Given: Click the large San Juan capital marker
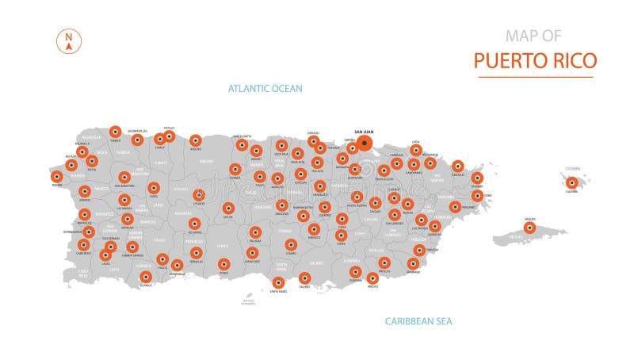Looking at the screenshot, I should click(365, 144).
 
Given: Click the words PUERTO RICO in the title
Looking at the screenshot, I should click(535, 60).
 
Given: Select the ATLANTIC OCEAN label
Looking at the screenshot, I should click(265, 89).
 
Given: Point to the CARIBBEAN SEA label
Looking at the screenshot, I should click(418, 321).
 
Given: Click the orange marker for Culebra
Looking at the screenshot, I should click(571, 182).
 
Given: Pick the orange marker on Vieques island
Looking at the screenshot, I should click(529, 228).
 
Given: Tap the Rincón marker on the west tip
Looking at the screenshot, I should click(56, 176).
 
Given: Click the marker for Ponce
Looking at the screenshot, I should click(223, 264).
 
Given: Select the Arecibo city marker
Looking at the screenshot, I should click(195, 140).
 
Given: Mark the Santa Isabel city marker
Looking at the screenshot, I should click(278, 282).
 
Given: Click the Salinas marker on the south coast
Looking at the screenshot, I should click(305, 278).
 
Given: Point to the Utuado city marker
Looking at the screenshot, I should click(199, 194).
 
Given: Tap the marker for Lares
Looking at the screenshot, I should click(153, 188).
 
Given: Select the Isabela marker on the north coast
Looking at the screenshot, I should click(115, 132).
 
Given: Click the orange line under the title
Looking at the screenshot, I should click(535, 77).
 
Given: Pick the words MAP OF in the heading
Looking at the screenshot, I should click(533, 36).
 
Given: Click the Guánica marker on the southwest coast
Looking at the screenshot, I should click(146, 277).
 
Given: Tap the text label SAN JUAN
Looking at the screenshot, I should click(365, 132).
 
